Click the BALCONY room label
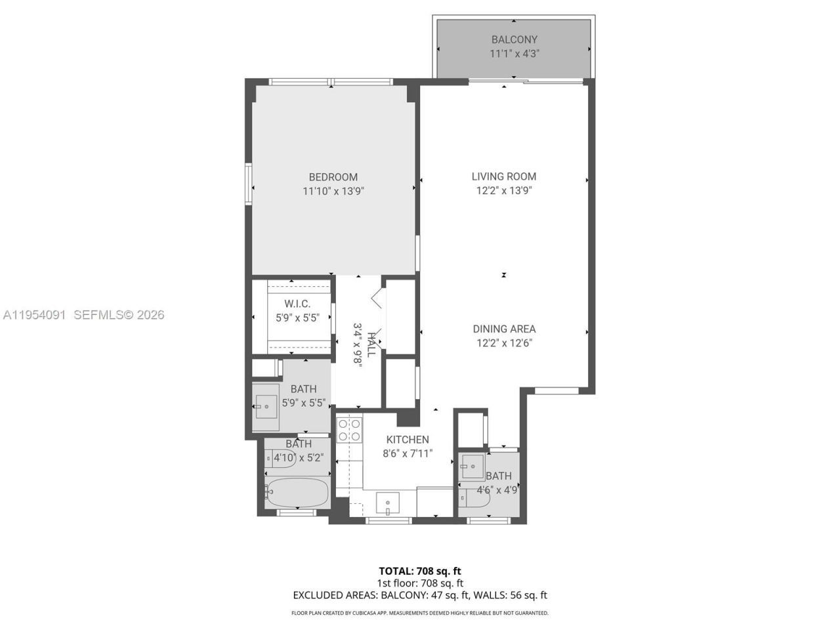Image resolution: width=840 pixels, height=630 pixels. (x=514, y=39)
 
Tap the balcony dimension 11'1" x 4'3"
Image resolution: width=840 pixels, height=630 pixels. (x=514, y=54)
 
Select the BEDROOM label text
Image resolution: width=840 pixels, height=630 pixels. (x=333, y=177)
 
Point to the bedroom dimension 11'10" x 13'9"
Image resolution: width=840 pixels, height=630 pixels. (x=333, y=192)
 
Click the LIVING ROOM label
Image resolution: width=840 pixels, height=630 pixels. (x=503, y=177)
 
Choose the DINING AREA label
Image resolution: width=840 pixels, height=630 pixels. (x=504, y=329)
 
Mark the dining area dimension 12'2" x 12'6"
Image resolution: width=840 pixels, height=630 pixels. (x=504, y=343)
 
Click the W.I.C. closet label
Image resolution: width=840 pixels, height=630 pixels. (x=297, y=304)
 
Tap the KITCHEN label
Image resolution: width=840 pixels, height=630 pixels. (x=407, y=440)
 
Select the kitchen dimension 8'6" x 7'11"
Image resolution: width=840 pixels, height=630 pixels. (x=407, y=453)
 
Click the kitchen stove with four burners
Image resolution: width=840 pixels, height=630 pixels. (x=348, y=430)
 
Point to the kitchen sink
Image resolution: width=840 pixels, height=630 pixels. (x=388, y=504)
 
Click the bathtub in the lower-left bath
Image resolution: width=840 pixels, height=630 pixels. (x=297, y=492)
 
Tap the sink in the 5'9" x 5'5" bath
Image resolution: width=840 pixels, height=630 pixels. (x=266, y=407)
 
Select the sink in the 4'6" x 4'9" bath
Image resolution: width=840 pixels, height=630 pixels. (x=471, y=467)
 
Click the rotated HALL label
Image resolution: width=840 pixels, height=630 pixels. (x=371, y=345)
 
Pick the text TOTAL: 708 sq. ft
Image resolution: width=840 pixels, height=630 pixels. (x=419, y=571)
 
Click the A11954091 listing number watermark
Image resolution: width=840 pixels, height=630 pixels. (x=34, y=315)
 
